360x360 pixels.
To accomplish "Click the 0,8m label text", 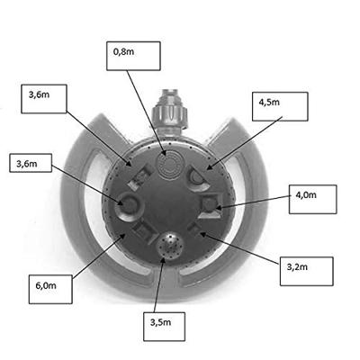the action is (x=123, y=52).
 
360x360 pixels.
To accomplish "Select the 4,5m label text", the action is (x=269, y=103).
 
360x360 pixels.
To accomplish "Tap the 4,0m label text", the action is (x=306, y=195).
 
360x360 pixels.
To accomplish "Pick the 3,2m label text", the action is (x=297, y=267).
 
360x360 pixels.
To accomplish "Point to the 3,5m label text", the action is (x=160, y=322).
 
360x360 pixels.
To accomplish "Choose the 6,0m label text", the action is (x=46, y=285).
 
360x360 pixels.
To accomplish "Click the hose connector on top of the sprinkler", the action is (x=170, y=112).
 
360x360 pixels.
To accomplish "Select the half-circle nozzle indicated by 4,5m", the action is (x=198, y=179).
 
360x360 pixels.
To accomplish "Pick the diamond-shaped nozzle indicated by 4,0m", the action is (x=211, y=206).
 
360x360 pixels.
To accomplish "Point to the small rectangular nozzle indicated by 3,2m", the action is (x=194, y=229).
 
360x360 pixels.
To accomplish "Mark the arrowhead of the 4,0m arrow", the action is (x=218, y=208).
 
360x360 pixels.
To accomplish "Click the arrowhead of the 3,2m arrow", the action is (x=202, y=233).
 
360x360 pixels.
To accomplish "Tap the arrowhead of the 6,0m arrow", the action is (x=122, y=236).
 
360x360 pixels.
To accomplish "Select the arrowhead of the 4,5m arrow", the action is (x=209, y=166).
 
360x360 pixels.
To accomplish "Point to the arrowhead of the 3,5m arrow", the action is (x=163, y=258).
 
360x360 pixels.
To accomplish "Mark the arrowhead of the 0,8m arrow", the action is (x=165, y=152).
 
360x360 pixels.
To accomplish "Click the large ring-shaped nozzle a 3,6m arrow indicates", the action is (x=130, y=206).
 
